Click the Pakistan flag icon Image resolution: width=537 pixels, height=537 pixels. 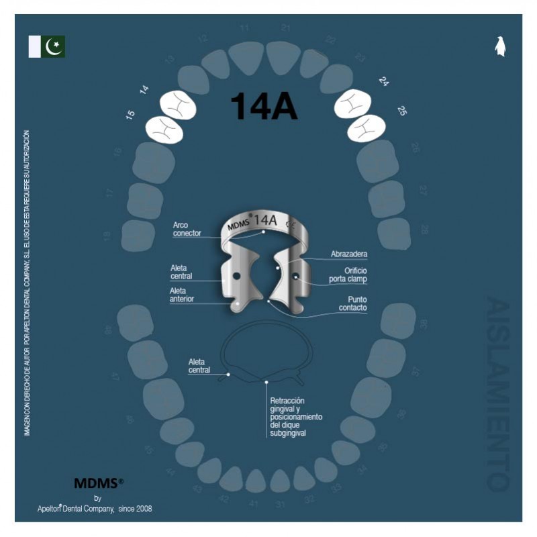click(x=47, y=47)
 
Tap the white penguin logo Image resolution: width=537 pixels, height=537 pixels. click(x=499, y=46)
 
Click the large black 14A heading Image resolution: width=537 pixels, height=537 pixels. click(x=264, y=107)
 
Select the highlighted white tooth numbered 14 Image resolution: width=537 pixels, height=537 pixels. click(x=178, y=105)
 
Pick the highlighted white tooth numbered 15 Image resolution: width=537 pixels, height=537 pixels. click(x=164, y=129)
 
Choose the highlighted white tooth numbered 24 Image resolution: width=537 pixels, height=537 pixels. click(x=352, y=104)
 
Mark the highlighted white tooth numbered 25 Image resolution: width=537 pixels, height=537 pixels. click(x=366, y=128)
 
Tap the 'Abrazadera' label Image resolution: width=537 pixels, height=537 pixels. click(x=349, y=254)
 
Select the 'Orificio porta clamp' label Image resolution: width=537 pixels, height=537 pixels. click(x=348, y=275)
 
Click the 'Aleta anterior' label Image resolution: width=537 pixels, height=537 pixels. click(x=182, y=295)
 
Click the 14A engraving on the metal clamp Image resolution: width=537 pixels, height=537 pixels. click(x=265, y=219)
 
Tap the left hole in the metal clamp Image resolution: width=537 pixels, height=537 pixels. click(x=236, y=276)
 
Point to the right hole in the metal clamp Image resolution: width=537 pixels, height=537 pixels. click(x=295, y=276)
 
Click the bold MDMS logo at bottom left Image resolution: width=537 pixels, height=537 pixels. click(x=98, y=483)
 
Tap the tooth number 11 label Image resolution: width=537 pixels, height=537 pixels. click(x=244, y=28)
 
